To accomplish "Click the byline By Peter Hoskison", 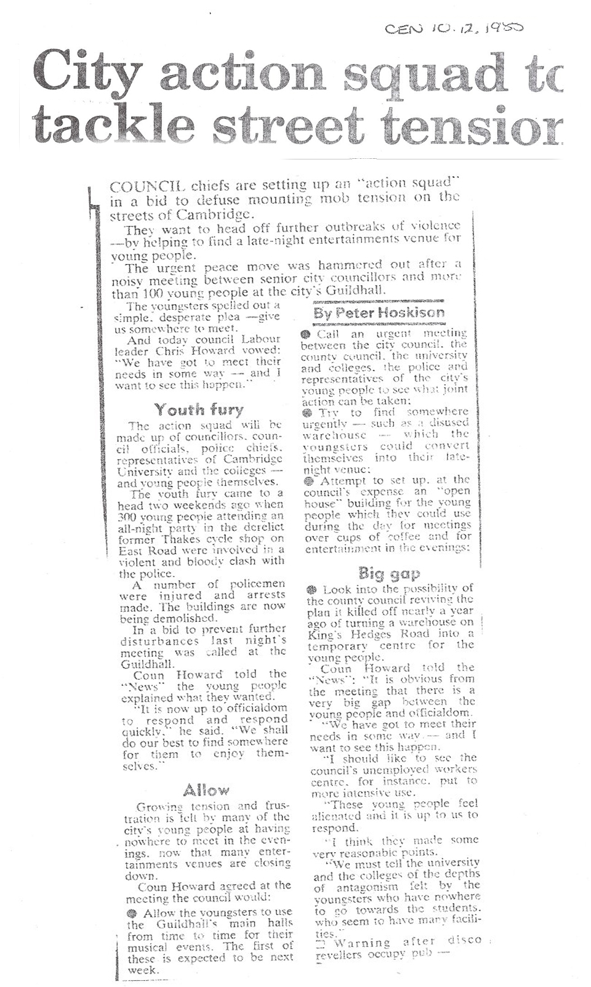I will (379, 312).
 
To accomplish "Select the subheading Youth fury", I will (199, 409).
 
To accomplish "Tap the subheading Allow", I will (206, 790).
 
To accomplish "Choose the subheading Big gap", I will (388, 574).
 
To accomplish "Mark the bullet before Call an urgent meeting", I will (305, 334).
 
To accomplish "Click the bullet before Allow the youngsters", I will (132, 913).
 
